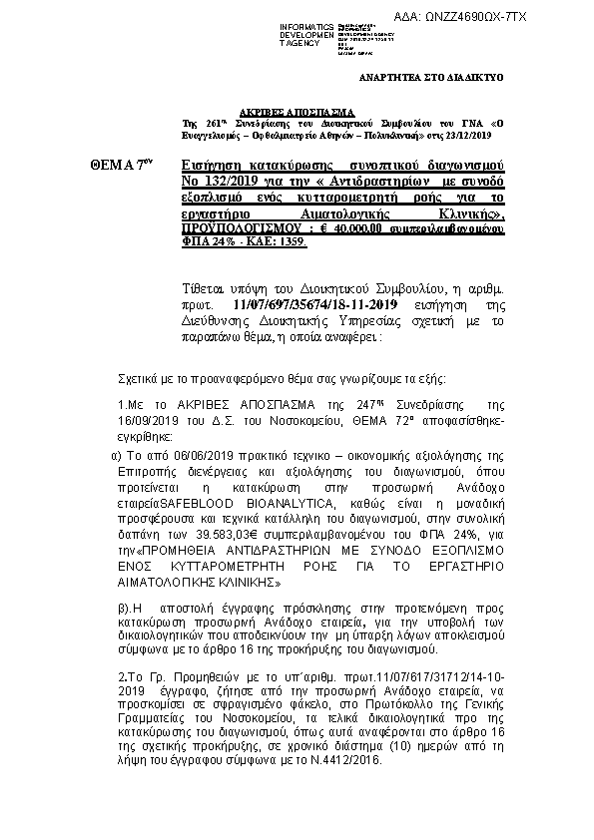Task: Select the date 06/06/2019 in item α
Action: [198, 454]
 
